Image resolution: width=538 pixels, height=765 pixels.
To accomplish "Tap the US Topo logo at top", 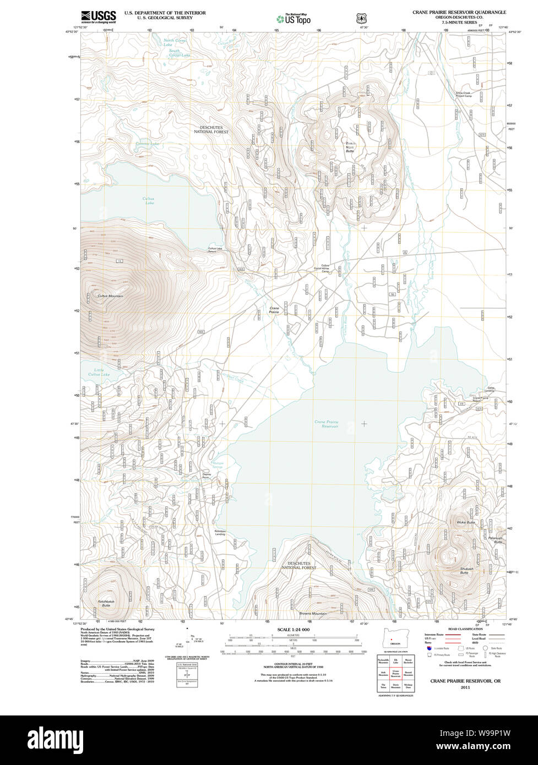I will [x=294, y=19].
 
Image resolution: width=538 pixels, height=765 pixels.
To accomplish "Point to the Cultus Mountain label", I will [x=110, y=296].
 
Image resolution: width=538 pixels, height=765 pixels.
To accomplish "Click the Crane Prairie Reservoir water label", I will [x=327, y=424].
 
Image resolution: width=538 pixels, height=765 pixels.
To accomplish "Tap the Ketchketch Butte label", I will [x=106, y=603].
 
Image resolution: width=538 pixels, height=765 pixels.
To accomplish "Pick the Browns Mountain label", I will [x=313, y=614].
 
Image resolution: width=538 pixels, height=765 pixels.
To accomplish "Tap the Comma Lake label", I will [x=147, y=144].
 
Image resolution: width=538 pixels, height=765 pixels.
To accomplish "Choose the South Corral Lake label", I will [x=180, y=53].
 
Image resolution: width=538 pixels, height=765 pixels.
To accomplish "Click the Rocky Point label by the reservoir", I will [x=220, y=532].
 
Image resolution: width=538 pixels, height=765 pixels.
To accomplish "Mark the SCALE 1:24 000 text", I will [x=294, y=629].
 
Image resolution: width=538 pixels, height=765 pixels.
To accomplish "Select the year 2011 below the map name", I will [x=466, y=687].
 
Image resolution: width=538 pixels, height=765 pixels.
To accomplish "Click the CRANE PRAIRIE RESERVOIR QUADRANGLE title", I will [x=459, y=12].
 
